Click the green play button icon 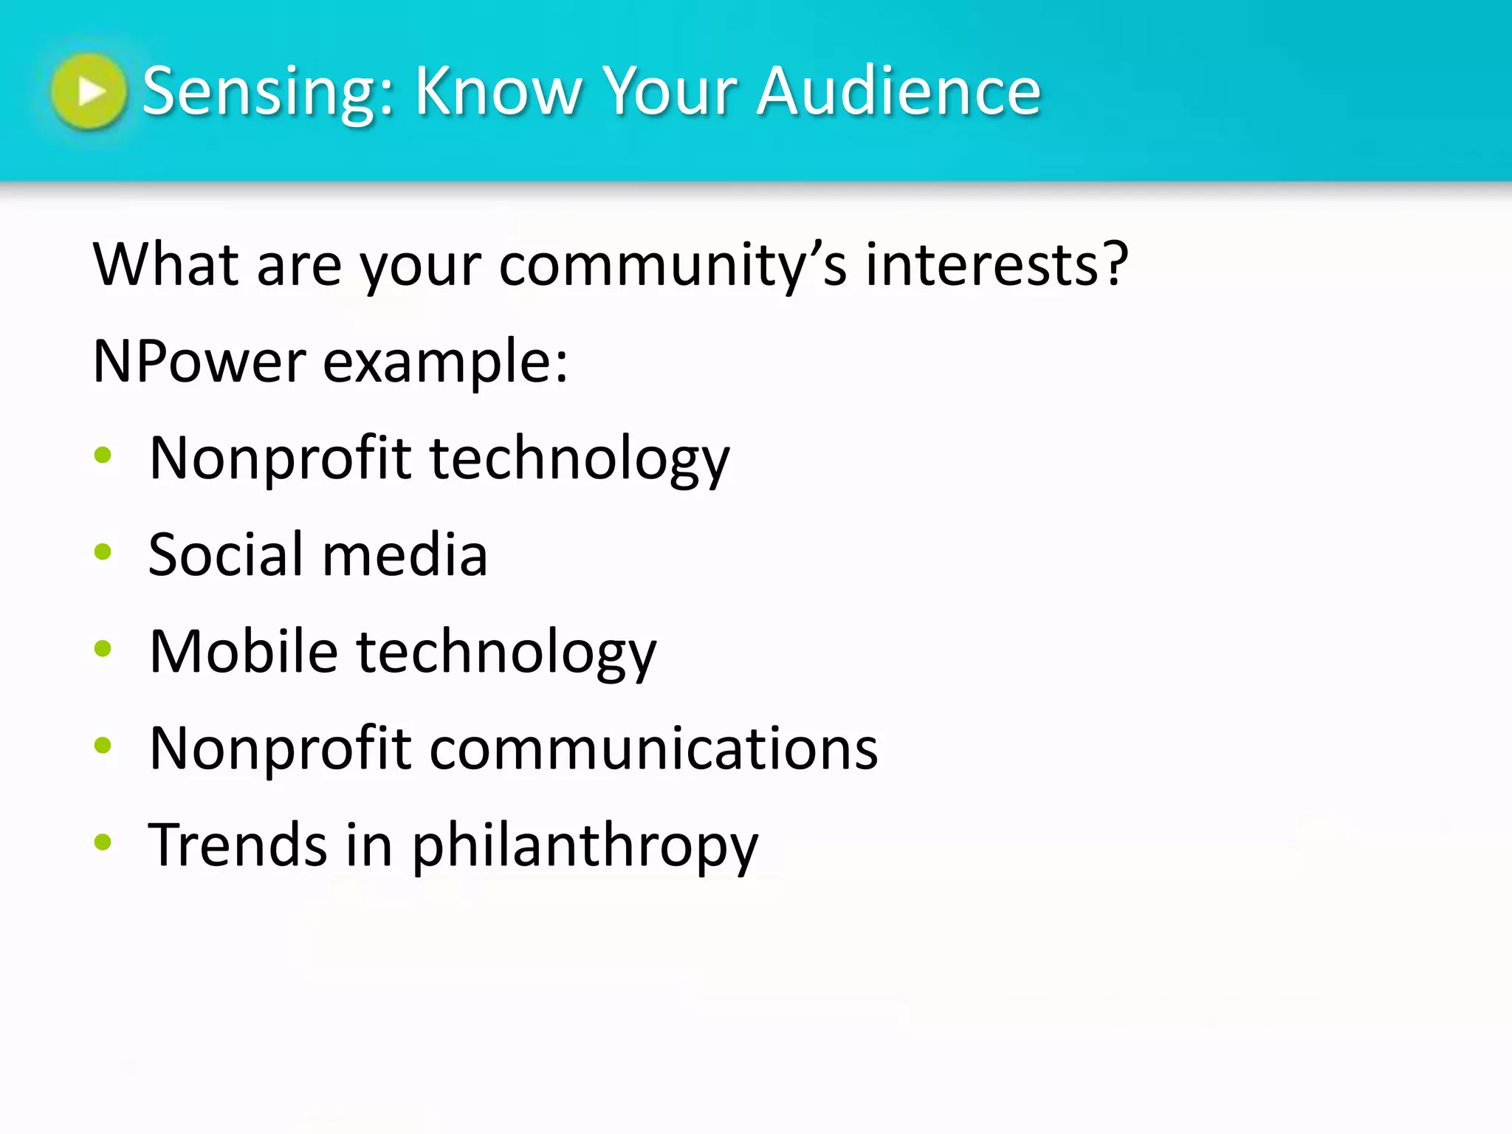89,92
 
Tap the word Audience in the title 898,92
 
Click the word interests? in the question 997,265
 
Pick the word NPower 199,362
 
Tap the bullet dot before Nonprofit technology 103,456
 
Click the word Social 226,554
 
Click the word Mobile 244,651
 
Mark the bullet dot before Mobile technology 103,649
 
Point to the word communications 653,749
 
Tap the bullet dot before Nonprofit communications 103,746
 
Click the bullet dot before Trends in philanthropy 103,842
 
